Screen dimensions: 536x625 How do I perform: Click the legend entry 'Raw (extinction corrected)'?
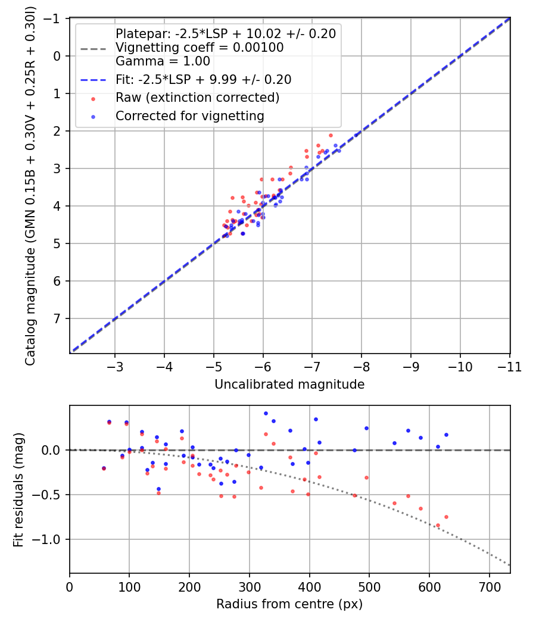[x=197, y=98]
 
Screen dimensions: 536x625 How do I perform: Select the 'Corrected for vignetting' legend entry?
[x=190, y=116]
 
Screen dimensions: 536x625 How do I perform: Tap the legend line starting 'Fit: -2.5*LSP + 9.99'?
[x=204, y=80]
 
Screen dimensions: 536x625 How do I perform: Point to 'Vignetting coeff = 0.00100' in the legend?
[x=200, y=48]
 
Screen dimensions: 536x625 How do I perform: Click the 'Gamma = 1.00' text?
[x=163, y=61]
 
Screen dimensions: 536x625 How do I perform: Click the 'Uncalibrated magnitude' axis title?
[x=289, y=385]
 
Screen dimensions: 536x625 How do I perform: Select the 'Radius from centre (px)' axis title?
[x=289, y=604]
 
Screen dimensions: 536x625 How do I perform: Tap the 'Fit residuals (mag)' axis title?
[x=18, y=489]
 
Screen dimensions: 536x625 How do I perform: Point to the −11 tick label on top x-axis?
[x=509, y=367]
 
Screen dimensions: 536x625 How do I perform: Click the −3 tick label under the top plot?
[x=115, y=367]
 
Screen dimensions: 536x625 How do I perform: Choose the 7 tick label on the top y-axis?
[x=57, y=319]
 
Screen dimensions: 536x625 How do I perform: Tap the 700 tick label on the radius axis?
[x=490, y=587]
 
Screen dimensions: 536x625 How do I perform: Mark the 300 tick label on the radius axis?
[x=250, y=587]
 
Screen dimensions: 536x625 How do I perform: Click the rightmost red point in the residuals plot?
[x=446, y=517]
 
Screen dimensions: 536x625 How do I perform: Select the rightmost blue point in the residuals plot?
[x=446, y=435]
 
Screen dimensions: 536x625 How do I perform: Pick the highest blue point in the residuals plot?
[x=266, y=413]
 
